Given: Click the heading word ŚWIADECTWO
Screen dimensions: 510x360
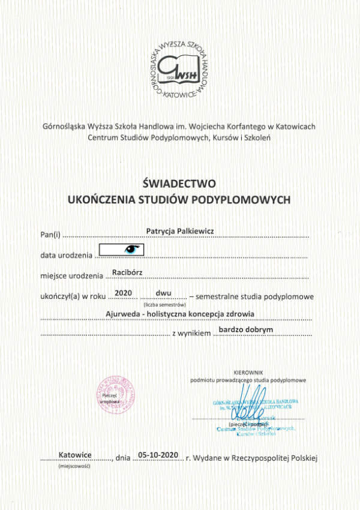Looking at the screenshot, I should click(179, 182).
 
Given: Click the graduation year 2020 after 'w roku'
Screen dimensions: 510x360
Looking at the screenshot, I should click(122, 293).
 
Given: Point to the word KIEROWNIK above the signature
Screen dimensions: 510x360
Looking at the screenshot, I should click(248, 373).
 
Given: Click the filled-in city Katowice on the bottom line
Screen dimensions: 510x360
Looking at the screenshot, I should click(75, 455).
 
